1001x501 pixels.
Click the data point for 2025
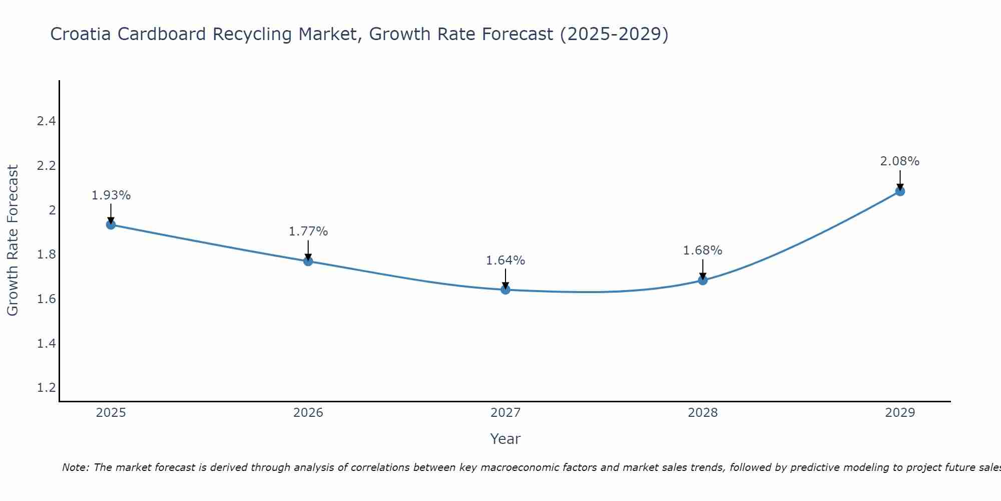111,224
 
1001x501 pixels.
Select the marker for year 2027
506,290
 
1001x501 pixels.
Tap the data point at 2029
900,191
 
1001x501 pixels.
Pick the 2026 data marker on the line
308,261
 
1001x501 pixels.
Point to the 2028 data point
703,280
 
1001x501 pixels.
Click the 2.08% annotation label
899,161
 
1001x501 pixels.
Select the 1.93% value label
111,195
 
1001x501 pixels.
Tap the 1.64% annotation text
506,261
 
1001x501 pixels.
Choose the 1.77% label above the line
308,231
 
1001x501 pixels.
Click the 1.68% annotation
703,250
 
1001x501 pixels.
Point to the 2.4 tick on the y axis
46,121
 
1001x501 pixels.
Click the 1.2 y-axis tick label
46,388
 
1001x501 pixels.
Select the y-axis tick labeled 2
52,210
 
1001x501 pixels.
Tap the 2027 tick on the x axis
506,413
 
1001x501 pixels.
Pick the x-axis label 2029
900,413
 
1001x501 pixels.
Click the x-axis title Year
506,439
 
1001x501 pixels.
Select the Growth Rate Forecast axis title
13,240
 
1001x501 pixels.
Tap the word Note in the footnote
75,467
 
